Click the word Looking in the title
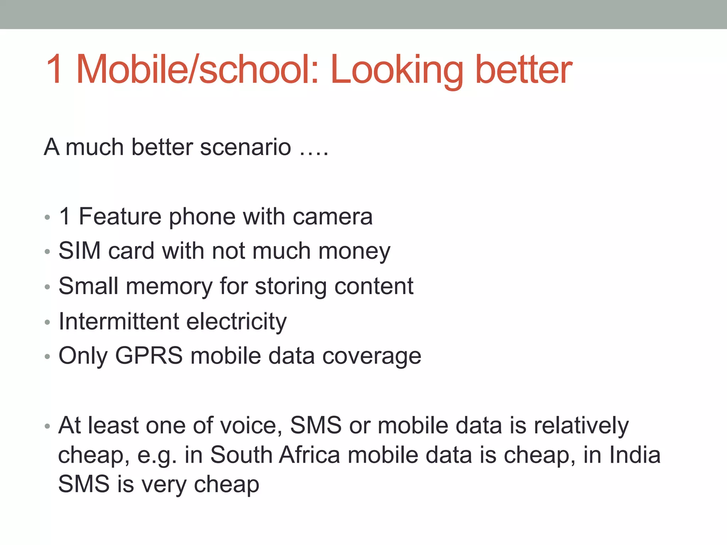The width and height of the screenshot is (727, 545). pos(397,70)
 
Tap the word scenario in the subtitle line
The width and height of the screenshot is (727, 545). pos(245,147)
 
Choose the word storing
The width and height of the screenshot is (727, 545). pos(291,286)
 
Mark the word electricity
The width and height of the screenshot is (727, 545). pos(236,321)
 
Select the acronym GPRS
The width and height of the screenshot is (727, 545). pos(149,356)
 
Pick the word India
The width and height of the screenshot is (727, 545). pos(635,455)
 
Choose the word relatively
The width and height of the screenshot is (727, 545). pos(581,425)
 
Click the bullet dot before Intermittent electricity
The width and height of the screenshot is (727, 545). pos(48,322)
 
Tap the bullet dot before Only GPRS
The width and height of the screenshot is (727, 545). pos(48,357)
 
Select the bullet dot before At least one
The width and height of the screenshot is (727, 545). pos(48,426)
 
